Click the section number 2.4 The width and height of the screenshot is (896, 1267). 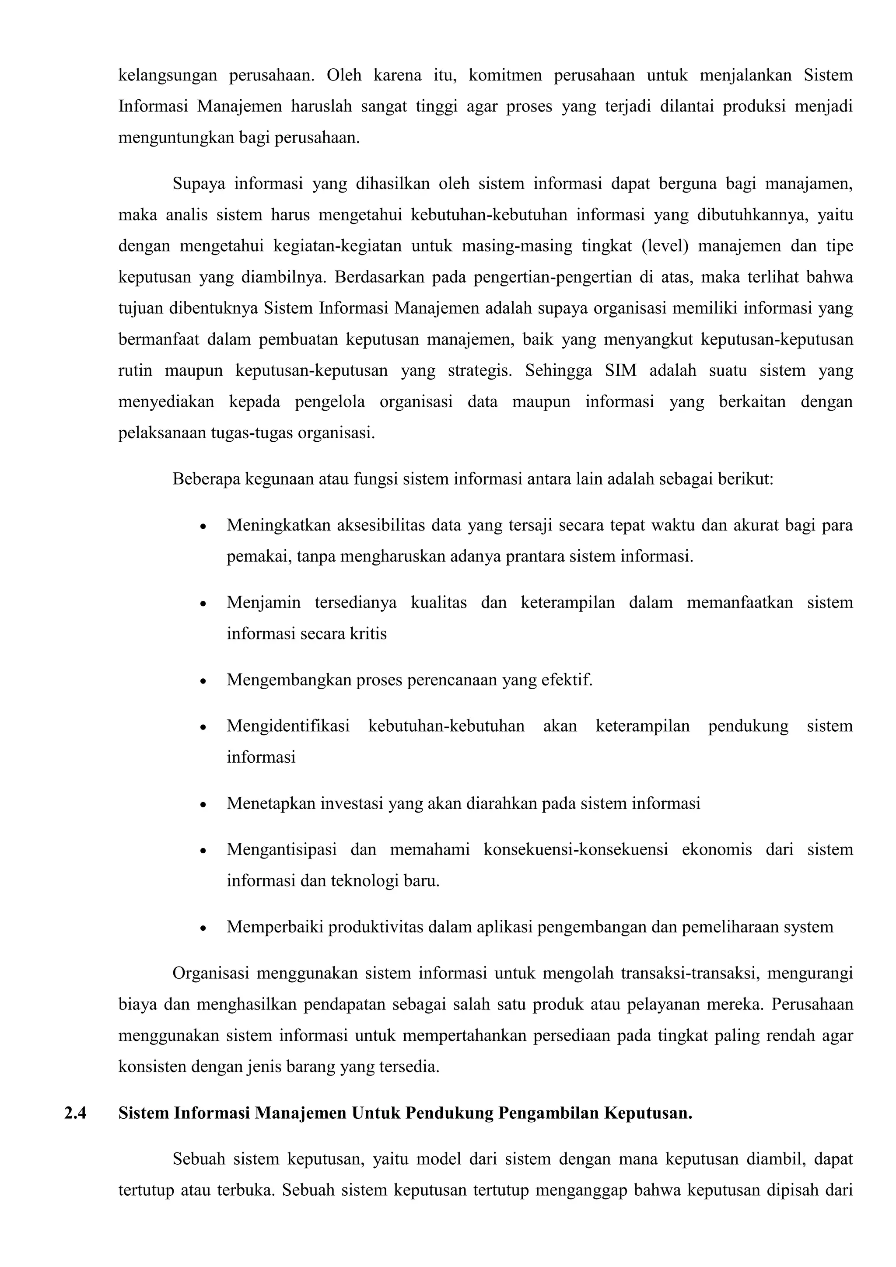tap(75, 1113)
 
